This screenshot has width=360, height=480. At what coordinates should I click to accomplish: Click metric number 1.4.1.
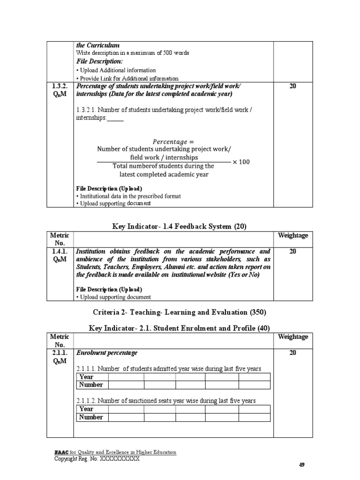(60, 252)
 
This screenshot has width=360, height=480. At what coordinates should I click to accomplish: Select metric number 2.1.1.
(60, 353)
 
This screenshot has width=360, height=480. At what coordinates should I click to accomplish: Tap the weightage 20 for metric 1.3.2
(293, 86)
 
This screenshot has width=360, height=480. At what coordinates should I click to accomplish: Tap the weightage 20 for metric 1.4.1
(293, 252)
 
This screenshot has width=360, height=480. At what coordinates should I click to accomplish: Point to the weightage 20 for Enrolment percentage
(293, 353)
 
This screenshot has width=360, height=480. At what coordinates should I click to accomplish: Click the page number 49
(302, 465)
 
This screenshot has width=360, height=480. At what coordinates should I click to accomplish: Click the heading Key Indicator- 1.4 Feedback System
(179, 226)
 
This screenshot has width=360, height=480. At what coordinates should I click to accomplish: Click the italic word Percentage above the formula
(173, 142)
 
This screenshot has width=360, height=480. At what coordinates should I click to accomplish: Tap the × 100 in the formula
(241, 162)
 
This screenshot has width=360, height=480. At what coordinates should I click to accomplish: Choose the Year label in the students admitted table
(87, 377)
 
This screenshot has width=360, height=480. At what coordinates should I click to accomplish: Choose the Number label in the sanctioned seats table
(91, 417)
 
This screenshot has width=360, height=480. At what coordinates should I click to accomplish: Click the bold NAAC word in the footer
(61, 452)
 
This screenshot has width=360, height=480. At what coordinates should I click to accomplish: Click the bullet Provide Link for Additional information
(127, 78)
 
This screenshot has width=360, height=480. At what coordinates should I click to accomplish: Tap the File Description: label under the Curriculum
(99, 61)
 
